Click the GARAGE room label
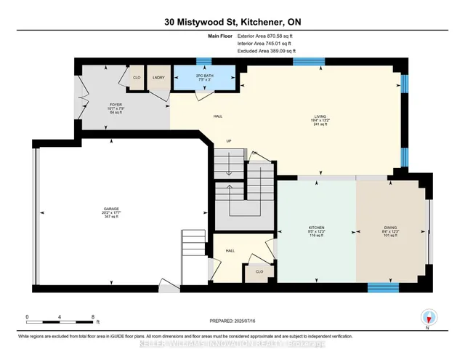pos(110,209)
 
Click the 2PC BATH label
pos(204,76)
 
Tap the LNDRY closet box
pos(158,77)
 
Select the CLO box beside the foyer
pos(137,77)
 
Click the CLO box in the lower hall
pos(259,272)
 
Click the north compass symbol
pos(429,317)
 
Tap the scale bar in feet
pos(60,318)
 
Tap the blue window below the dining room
pos(383,287)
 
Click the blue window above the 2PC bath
pos(204,61)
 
